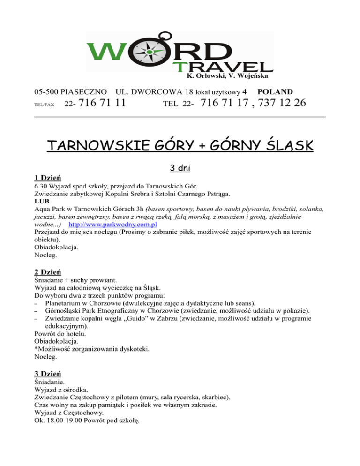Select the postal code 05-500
coord(48,91)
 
